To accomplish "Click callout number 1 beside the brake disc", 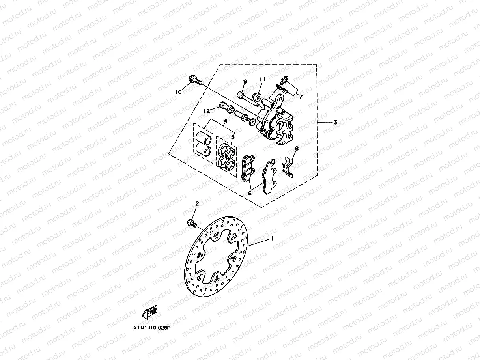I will [x=272, y=239].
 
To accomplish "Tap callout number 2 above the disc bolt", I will [x=197, y=203].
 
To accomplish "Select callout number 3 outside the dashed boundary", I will [x=335, y=122].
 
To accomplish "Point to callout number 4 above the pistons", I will [x=225, y=122].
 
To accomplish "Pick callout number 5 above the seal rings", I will [x=233, y=137].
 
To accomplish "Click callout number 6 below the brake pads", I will [x=250, y=193].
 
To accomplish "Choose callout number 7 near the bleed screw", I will [x=301, y=96].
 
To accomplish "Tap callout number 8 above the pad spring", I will [x=297, y=148].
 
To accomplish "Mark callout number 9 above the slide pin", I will [x=245, y=81].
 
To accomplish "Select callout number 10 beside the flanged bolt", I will [x=179, y=92].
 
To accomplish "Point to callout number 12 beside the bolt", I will [x=206, y=111].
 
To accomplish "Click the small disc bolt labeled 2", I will [x=192, y=223].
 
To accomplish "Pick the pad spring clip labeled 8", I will [x=288, y=167].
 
